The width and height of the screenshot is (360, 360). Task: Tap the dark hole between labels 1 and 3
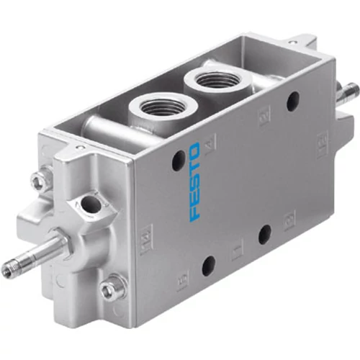pyautogui.click(x=265, y=232)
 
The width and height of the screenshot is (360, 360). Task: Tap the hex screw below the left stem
pyautogui.click(x=110, y=290)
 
